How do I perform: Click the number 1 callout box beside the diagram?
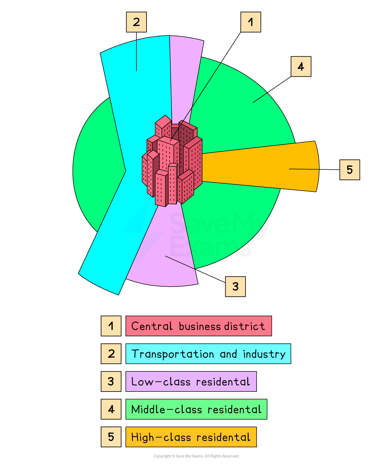pyautogui.click(x=251, y=22)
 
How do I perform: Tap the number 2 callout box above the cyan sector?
pyautogui.click(x=136, y=22)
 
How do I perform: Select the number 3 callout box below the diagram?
pyautogui.click(x=235, y=286)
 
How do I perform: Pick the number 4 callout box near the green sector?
pyautogui.click(x=301, y=66)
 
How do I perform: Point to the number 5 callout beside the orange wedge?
pyautogui.click(x=350, y=169)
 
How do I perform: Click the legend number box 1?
pyautogui.click(x=111, y=326)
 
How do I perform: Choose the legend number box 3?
pyautogui.click(x=111, y=382)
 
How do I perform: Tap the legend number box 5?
pyautogui.click(x=111, y=437)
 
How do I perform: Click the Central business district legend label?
pyautogui.click(x=198, y=326)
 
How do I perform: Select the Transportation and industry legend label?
pyautogui.click(x=208, y=354)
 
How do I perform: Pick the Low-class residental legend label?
pyautogui.click(x=191, y=382)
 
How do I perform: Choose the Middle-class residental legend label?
pyautogui.click(x=196, y=409)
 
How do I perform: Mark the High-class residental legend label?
pyautogui.click(x=191, y=437)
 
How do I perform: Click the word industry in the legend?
pyautogui.click(x=264, y=354)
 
